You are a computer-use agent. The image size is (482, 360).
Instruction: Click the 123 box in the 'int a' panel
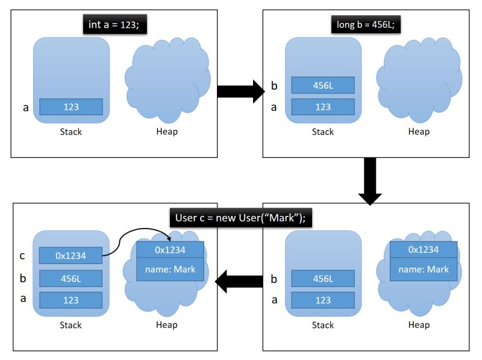(71, 107)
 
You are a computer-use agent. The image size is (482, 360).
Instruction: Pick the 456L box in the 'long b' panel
(323, 85)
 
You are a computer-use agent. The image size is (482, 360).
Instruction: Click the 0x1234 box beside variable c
(71, 256)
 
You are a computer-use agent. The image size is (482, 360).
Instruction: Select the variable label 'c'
(22, 256)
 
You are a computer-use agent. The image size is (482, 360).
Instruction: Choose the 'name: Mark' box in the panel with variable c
(170, 270)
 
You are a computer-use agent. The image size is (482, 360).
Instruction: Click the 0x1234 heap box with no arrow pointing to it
(423, 250)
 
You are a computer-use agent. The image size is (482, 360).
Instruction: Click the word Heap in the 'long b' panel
(419, 131)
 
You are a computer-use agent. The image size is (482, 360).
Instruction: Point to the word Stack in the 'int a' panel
(71, 131)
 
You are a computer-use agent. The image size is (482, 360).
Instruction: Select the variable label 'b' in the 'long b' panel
(274, 86)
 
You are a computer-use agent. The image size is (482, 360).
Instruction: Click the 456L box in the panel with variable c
(71, 278)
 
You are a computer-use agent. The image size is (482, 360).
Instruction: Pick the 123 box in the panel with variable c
(71, 300)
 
